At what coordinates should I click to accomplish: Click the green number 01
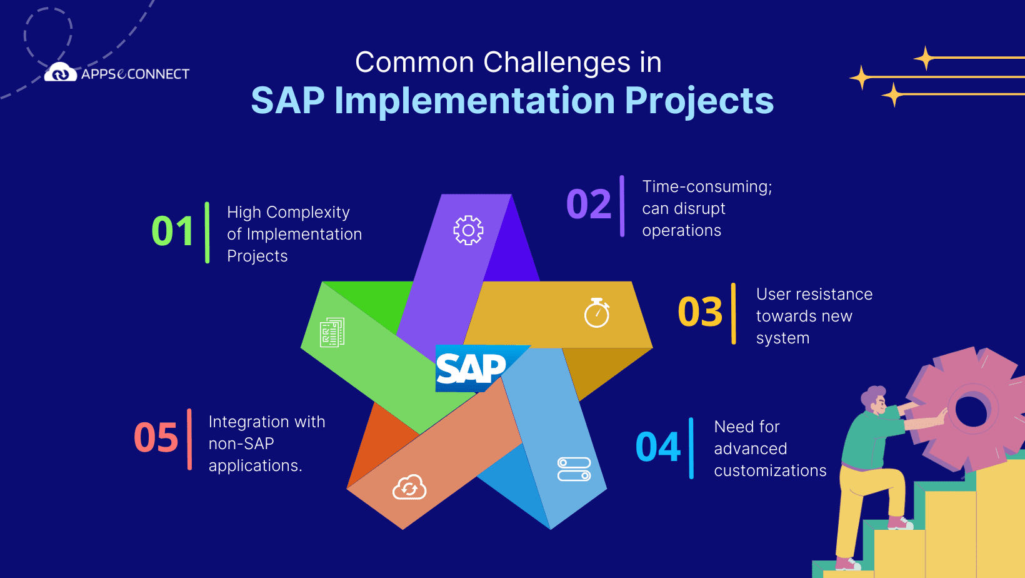coord(172,231)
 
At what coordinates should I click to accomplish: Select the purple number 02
coord(589,204)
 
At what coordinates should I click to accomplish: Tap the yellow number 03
coord(700,312)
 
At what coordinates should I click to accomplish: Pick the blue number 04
coord(658,447)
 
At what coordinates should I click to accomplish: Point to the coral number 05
coord(156,437)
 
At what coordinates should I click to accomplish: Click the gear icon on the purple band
coord(468,230)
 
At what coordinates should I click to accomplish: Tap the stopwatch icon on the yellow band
coord(597,313)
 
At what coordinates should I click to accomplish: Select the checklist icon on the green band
coord(332,332)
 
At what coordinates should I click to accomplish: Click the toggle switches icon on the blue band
coord(574,469)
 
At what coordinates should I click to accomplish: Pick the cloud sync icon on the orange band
coord(409,487)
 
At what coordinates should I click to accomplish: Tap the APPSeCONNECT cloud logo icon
coord(61,72)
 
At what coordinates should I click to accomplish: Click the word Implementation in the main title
coord(474,101)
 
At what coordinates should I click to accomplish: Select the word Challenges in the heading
coord(557,63)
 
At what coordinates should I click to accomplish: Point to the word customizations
coord(770,471)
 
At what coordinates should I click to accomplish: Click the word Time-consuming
coord(707,187)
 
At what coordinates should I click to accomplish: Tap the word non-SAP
coord(241,444)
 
